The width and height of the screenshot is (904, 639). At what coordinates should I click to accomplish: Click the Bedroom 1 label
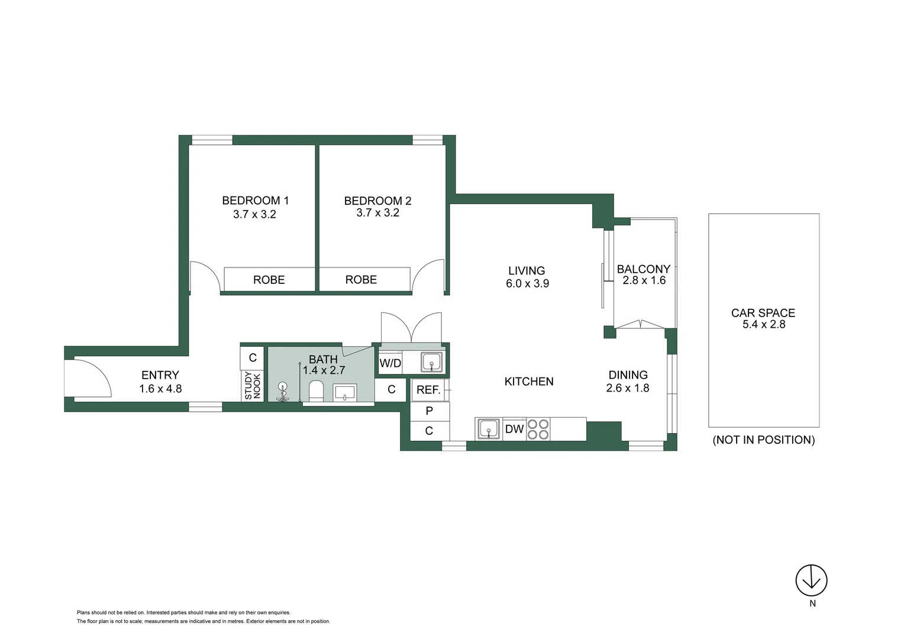(255, 201)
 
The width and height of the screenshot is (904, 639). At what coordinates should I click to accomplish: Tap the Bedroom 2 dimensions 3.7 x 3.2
(377, 213)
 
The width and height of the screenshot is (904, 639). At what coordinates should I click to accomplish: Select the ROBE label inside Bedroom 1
(269, 280)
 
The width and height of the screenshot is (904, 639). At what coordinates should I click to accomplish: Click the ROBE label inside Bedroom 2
(361, 280)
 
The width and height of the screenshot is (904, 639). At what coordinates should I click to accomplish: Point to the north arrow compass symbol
(811, 580)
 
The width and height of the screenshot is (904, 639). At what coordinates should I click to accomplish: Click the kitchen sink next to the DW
(488, 429)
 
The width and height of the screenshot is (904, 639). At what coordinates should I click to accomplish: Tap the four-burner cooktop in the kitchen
(538, 429)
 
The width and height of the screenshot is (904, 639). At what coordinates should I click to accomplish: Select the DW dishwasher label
(514, 429)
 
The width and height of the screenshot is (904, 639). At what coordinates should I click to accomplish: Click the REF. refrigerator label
(428, 390)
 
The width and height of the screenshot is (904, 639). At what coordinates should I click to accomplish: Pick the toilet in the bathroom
(316, 391)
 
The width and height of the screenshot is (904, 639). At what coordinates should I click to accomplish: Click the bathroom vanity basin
(344, 392)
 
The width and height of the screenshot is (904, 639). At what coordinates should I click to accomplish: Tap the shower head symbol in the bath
(283, 391)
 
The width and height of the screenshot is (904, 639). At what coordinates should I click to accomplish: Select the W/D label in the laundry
(390, 363)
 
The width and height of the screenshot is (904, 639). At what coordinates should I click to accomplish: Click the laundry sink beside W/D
(431, 362)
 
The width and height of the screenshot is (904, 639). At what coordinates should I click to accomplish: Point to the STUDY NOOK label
(253, 386)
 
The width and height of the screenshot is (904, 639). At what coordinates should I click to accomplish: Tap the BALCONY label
(643, 269)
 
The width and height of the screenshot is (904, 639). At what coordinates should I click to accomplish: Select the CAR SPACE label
(763, 313)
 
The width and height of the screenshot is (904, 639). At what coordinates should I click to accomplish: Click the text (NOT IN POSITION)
(763, 440)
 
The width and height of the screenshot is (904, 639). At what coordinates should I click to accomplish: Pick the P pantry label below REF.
(429, 411)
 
